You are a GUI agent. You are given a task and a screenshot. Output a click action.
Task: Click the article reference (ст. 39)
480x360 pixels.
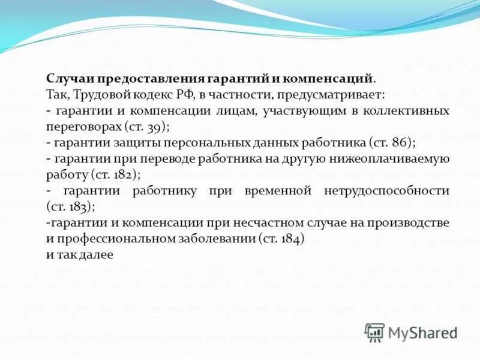pos(148,127)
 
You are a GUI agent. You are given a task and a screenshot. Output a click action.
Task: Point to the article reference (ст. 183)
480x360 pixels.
pos(70,206)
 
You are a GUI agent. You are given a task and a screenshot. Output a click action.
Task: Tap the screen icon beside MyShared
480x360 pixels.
pos(374,332)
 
